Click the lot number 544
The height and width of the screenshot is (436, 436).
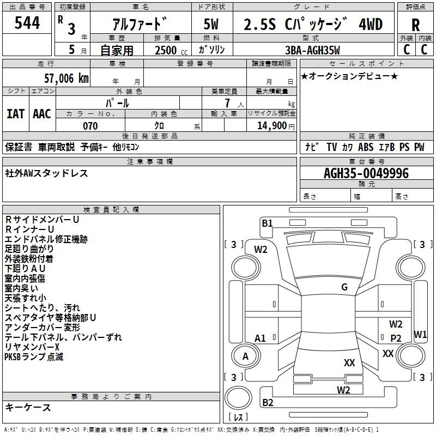(27, 23)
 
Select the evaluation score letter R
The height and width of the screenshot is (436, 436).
(415, 26)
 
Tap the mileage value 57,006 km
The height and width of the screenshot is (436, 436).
(60, 78)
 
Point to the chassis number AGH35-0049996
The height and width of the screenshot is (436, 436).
(366, 174)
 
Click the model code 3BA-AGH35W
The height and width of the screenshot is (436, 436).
(312, 51)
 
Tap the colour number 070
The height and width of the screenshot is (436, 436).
(90, 126)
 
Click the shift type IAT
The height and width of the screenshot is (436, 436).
(16, 114)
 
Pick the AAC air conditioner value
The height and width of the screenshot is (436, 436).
(42, 114)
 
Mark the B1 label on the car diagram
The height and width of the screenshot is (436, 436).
(267, 223)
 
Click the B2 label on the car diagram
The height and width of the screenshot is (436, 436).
(268, 403)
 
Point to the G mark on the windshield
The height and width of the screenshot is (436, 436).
(344, 287)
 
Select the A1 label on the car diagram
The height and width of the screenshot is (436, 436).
(261, 338)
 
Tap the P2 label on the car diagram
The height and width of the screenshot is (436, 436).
(396, 338)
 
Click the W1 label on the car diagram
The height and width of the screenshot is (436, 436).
(420, 334)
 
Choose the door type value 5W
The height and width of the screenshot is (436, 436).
(212, 25)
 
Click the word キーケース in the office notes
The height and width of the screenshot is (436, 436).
(28, 407)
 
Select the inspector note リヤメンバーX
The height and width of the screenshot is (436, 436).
(32, 347)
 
